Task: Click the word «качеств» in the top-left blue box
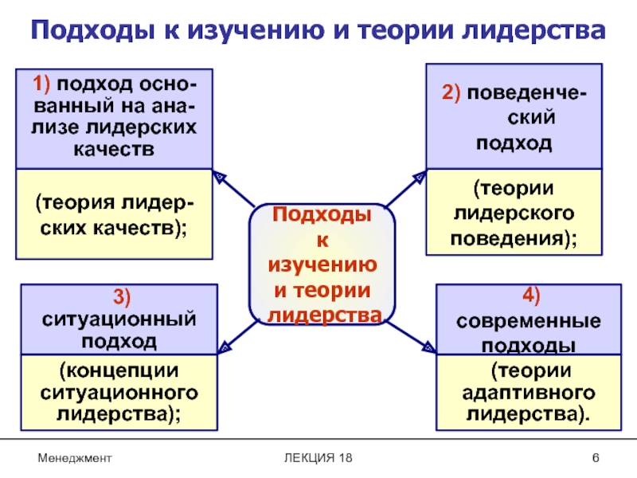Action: coord(115,149)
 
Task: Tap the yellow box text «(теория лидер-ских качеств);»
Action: coord(115,214)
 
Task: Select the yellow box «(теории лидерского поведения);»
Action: coord(514,213)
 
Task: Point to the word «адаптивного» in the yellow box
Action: coord(530,393)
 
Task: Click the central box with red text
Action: coord(322,264)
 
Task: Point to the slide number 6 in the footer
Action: coord(595,457)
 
